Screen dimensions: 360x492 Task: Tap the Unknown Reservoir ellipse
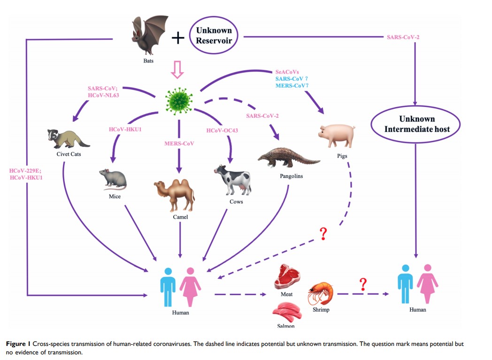coord(214,36)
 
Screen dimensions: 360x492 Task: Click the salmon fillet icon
coord(285,311)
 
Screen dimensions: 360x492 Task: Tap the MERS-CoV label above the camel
coord(178,143)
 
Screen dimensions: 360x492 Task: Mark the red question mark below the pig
coord(323,233)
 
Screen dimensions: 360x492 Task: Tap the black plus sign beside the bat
coord(177,38)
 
